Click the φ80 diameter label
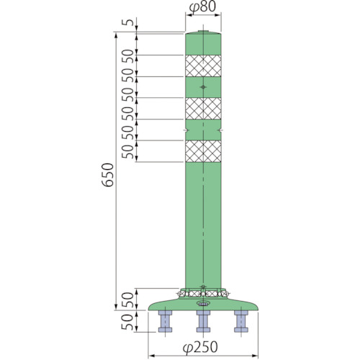tap(203, 7)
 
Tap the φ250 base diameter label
tap(200, 347)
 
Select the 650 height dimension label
tap(107, 175)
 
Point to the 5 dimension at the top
tap(128, 22)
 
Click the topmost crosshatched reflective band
tap(203, 66)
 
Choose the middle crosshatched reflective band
tap(203, 108)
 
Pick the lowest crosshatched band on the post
tap(203, 151)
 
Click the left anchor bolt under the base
tap(165, 321)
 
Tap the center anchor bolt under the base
tap(203, 321)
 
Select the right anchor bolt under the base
tap(241, 321)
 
